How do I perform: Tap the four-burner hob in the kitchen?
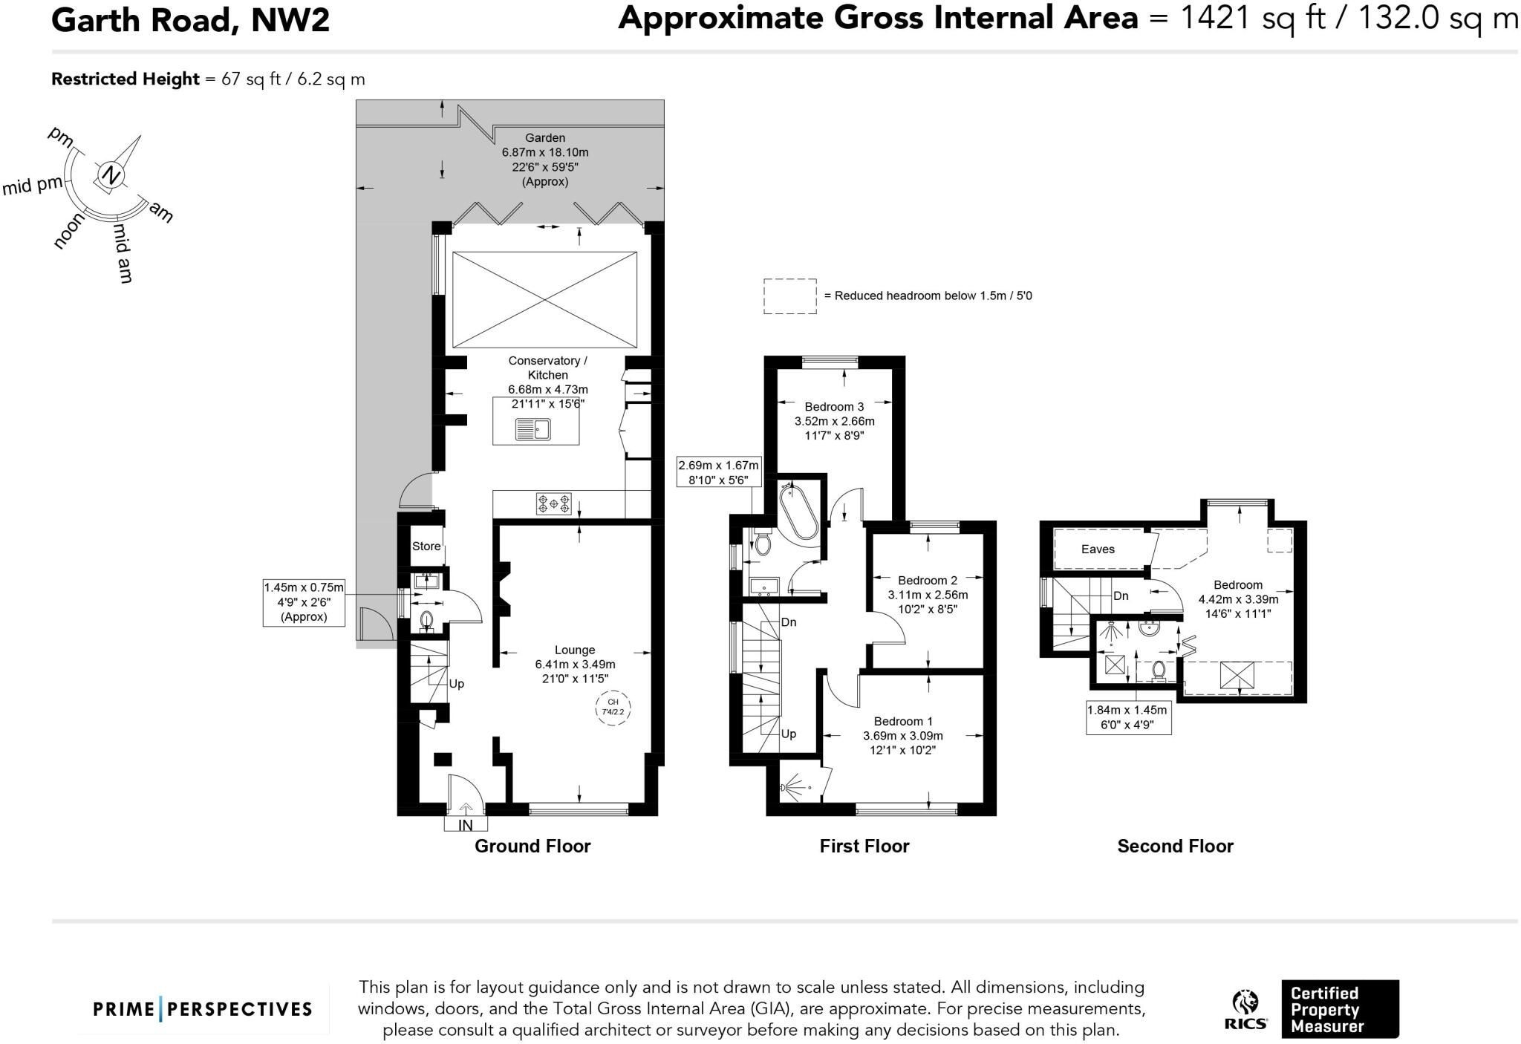(554, 503)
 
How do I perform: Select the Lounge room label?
(575, 650)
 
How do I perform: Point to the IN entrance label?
(466, 825)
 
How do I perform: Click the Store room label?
(426, 547)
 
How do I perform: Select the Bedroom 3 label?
(834, 407)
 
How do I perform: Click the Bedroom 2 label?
(928, 580)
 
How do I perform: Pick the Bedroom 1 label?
(903, 721)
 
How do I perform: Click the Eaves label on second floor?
(1098, 549)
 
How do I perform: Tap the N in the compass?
(111, 175)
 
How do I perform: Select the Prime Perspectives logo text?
(203, 1009)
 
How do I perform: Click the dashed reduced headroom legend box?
(790, 297)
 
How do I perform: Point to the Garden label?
(545, 138)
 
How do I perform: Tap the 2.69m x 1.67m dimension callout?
(719, 472)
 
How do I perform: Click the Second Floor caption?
(1175, 846)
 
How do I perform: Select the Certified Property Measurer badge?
(1340, 1009)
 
